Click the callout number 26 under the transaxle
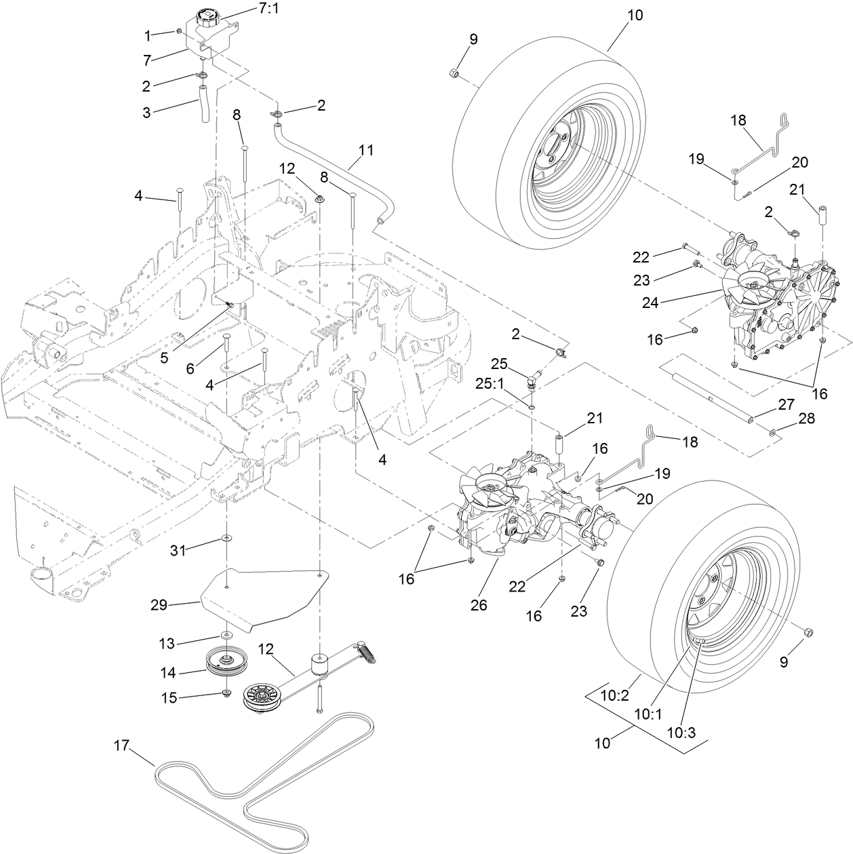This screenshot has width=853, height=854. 479,605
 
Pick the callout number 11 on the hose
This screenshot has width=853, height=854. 366,151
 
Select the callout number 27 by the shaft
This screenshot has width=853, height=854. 786,405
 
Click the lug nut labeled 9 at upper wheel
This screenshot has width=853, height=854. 455,74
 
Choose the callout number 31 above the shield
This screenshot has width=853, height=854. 178,551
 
